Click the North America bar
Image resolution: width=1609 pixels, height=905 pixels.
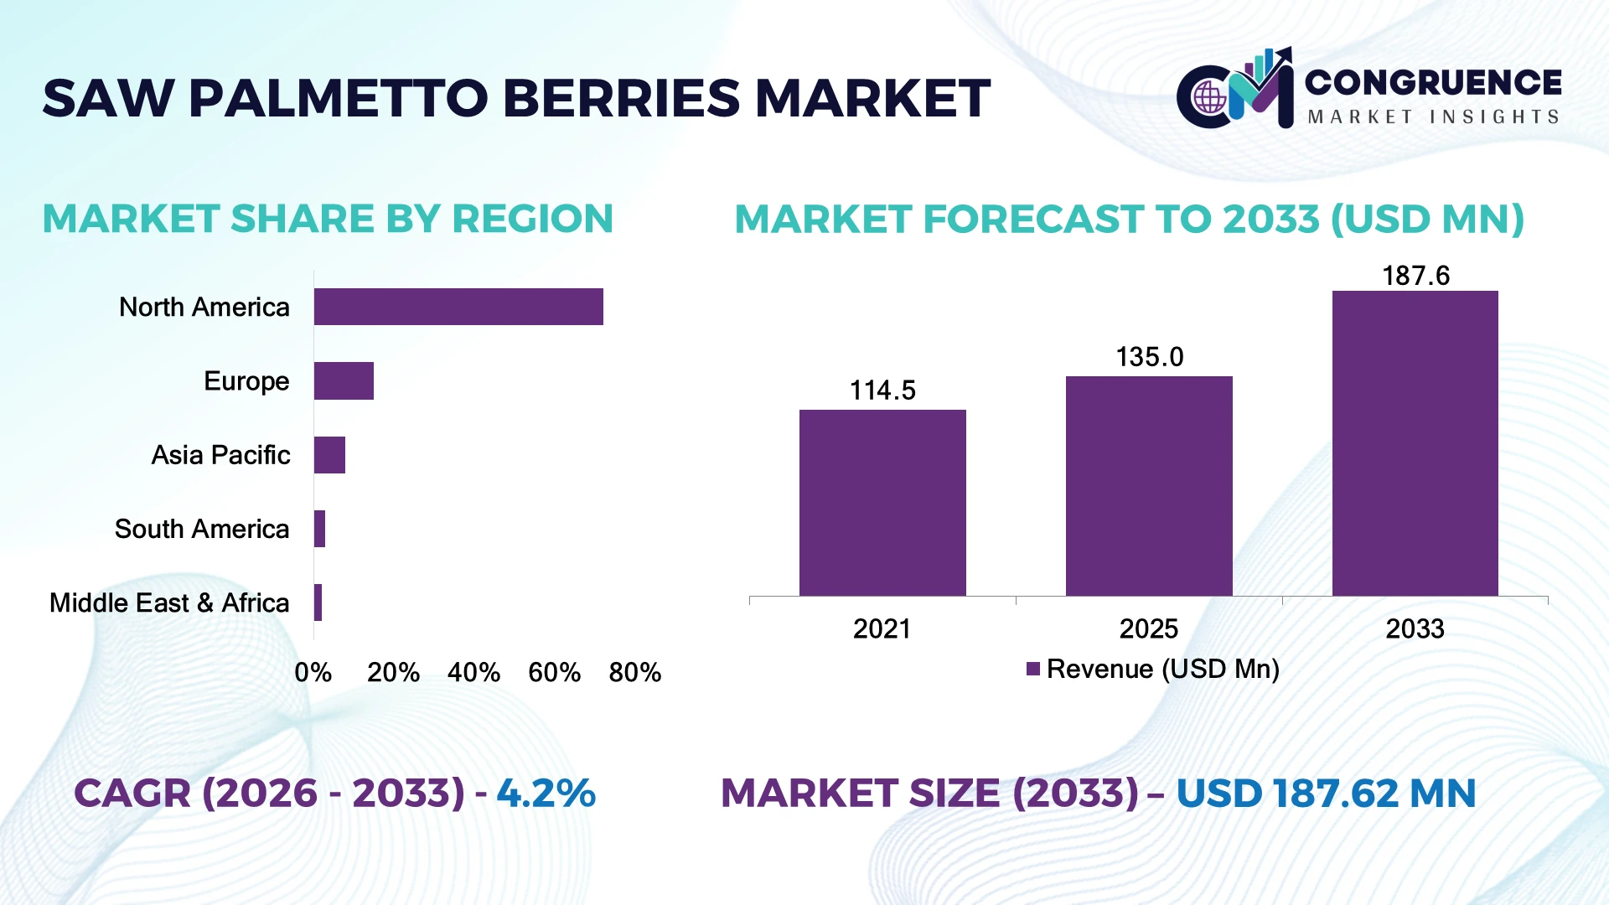[x=458, y=307]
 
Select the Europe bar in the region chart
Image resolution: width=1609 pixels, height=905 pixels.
[x=344, y=381]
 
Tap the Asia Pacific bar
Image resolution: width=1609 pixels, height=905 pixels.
[x=329, y=455]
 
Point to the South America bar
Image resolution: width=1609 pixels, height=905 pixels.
[x=319, y=529]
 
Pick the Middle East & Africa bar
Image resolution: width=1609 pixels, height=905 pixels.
[x=318, y=602]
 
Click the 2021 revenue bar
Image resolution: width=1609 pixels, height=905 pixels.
[x=882, y=503]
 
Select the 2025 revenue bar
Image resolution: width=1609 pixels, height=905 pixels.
[x=1149, y=486]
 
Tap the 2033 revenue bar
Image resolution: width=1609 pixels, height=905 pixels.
[x=1415, y=443]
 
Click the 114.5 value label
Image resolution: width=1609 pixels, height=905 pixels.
[x=882, y=390]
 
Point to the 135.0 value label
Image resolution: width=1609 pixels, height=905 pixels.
[x=1150, y=357]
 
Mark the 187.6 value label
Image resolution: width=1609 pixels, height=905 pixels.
[x=1415, y=276]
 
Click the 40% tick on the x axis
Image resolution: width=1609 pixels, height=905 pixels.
[x=473, y=672]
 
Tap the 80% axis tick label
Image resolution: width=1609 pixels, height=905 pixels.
[x=635, y=672]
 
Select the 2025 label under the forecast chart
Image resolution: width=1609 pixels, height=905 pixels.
[x=1149, y=628]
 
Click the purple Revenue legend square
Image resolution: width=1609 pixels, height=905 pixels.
[x=1033, y=669]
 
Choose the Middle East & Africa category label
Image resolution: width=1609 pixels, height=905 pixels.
[x=169, y=602]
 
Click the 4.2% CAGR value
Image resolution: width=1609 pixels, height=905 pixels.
[x=546, y=793]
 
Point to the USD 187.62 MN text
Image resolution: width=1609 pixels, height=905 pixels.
[x=1326, y=794]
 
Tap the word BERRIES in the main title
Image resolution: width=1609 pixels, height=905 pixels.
[x=621, y=98]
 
